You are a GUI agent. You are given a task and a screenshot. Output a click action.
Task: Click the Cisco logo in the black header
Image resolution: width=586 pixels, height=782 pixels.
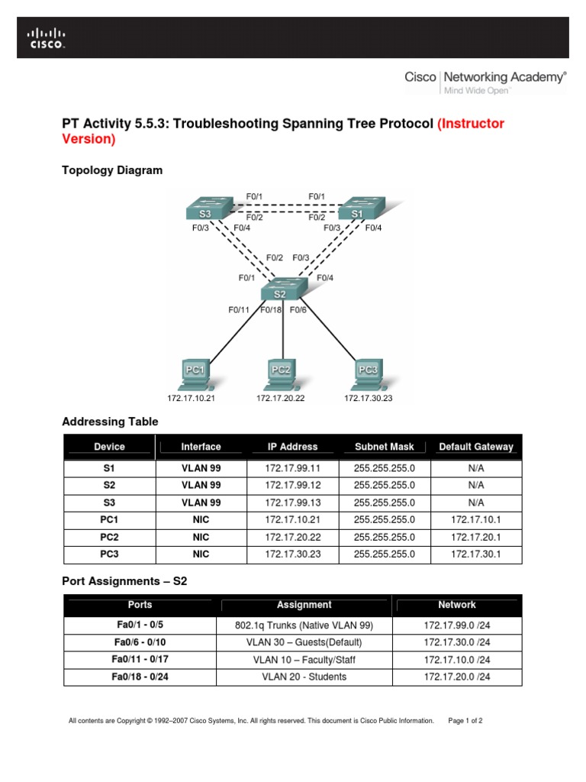coord(47,38)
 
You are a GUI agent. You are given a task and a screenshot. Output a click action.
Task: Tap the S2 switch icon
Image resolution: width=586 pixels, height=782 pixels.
coord(283,289)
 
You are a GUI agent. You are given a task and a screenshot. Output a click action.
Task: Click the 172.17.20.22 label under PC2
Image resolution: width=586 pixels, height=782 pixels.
coord(281,399)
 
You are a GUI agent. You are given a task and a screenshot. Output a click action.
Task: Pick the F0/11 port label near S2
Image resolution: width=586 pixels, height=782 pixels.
coord(239,310)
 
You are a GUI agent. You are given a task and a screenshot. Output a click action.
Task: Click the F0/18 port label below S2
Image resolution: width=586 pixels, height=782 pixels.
coord(272,310)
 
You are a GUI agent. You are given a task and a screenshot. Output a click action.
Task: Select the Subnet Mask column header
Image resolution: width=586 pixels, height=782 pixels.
coord(385,447)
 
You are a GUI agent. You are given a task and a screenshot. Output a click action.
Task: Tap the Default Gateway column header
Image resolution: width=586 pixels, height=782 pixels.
coord(476,447)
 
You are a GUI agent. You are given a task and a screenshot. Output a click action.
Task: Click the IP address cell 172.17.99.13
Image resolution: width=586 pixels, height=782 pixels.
coord(292,502)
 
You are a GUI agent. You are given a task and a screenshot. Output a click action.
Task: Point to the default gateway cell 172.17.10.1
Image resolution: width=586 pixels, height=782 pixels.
coord(476,519)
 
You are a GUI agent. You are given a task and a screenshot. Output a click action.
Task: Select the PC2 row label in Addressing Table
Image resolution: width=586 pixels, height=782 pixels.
coord(109,537)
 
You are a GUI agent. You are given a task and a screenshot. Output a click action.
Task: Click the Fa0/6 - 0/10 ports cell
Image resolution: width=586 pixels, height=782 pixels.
coord(140,642)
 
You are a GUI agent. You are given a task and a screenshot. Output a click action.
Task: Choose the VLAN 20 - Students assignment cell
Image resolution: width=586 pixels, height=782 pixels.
coord(304,677)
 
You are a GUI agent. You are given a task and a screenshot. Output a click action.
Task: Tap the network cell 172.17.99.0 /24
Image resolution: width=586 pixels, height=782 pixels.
coord(457,625)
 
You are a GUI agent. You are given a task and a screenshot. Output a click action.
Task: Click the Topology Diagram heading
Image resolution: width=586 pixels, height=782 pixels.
coord(112,170)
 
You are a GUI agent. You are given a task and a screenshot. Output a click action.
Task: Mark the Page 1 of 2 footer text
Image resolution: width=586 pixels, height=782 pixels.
coord(465,720)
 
